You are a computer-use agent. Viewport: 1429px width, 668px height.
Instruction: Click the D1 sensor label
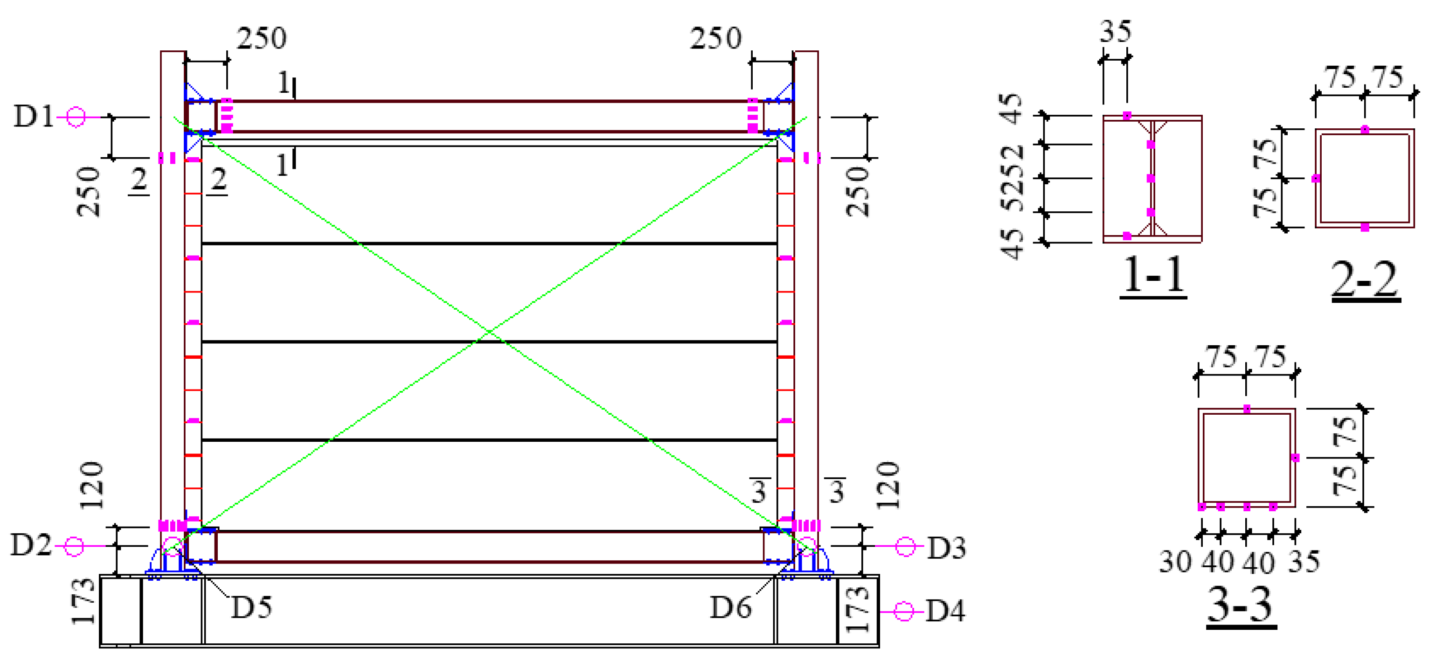[33, 117]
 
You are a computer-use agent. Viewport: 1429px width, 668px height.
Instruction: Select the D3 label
[946, 548]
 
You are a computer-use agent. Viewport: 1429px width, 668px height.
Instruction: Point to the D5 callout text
[251, 607]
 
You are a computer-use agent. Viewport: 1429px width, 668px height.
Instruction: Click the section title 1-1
[1153, 276]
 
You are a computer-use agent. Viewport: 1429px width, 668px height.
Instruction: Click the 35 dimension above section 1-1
[1115, 32]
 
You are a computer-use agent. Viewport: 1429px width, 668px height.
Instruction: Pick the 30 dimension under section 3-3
[1175, 562]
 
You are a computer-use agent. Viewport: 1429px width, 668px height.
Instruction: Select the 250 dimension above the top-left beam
[261, 38]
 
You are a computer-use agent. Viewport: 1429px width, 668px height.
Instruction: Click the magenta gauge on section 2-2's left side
[1315, 179]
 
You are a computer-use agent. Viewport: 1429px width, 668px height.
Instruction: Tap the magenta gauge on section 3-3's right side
[1295, 458]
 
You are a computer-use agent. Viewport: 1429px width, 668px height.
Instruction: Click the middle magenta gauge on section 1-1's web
[1151, 179]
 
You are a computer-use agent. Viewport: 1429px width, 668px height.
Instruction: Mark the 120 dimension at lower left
[91, 486]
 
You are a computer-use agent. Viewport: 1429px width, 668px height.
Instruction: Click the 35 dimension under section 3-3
[1304, 562]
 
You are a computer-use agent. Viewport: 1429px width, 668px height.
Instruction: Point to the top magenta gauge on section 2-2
[1365, 130]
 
